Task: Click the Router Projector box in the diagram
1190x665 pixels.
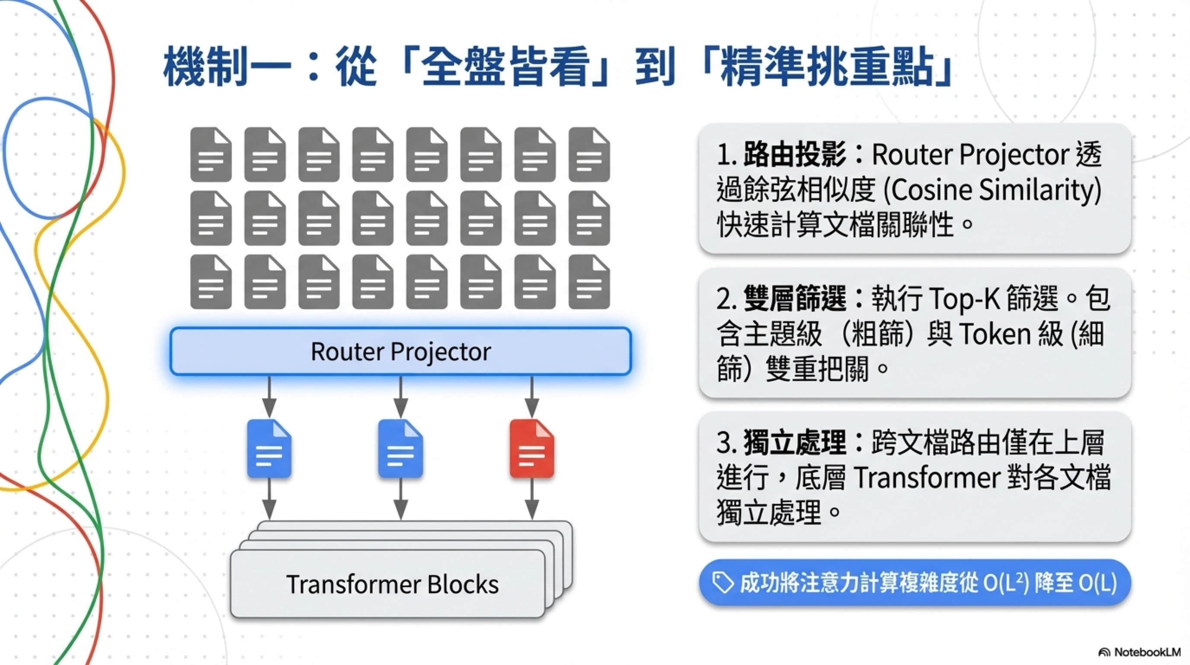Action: coord(400,352)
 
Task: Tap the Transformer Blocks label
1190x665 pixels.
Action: coord(392,584)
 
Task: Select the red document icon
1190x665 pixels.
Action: coord(532,449)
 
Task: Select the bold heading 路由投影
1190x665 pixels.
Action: coord(795,155)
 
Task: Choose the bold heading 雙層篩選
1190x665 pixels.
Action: coord(795,299)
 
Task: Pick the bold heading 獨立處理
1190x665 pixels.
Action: coord(795,442)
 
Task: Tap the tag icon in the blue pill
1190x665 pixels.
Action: coord(723,583)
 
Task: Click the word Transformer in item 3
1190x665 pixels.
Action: coord(927,478)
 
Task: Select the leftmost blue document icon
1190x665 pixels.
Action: coord(269,449)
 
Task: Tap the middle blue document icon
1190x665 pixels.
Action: coord(400,449)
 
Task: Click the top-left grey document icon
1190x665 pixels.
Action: coord(211,155)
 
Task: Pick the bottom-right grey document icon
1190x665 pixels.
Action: coord(589,282)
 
